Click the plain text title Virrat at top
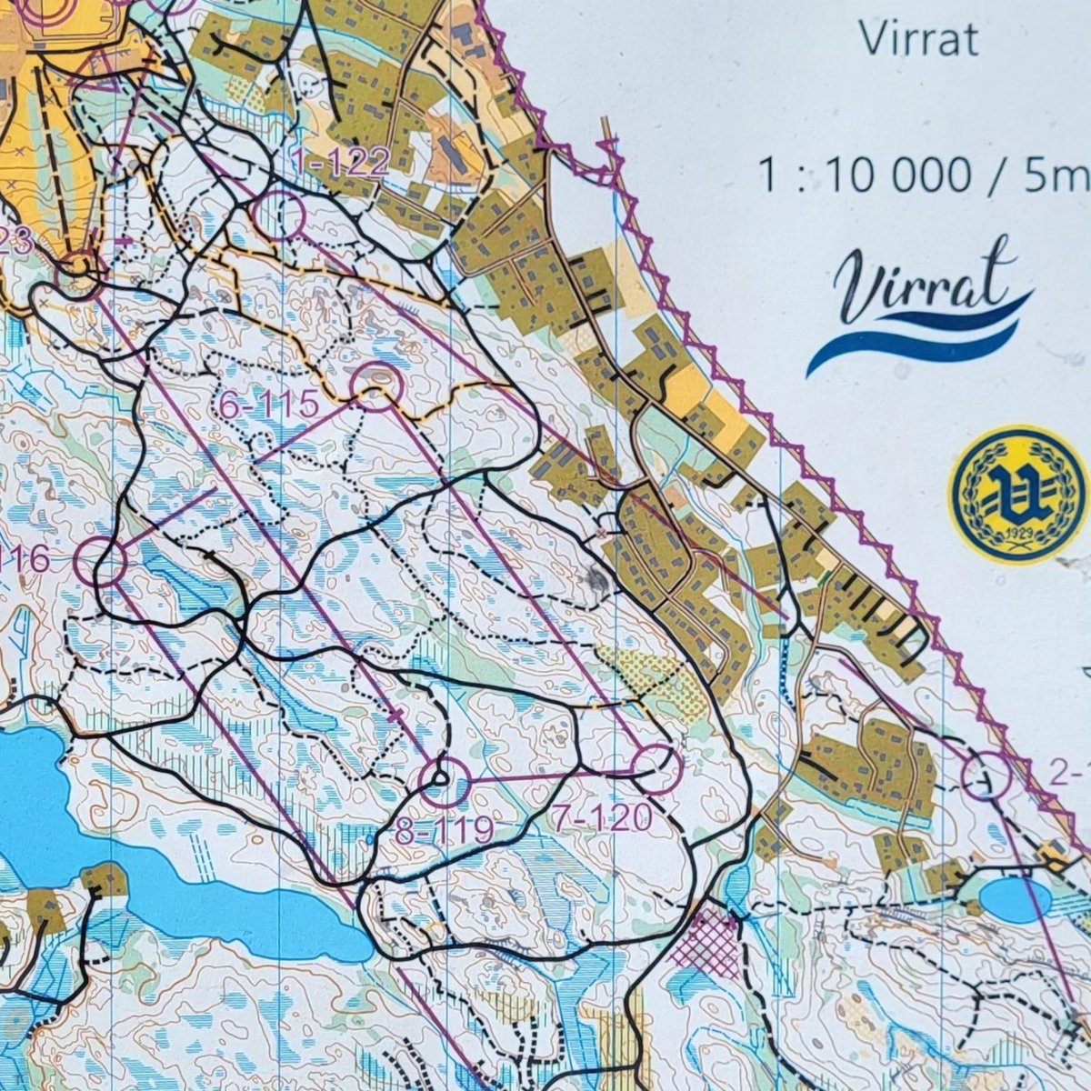918,40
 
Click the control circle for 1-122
279,215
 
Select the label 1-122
341,162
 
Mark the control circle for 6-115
377,387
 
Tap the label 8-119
445,828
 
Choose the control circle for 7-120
656,769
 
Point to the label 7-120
603,819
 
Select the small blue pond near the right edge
1015,898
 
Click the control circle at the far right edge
986,776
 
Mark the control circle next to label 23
78,272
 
